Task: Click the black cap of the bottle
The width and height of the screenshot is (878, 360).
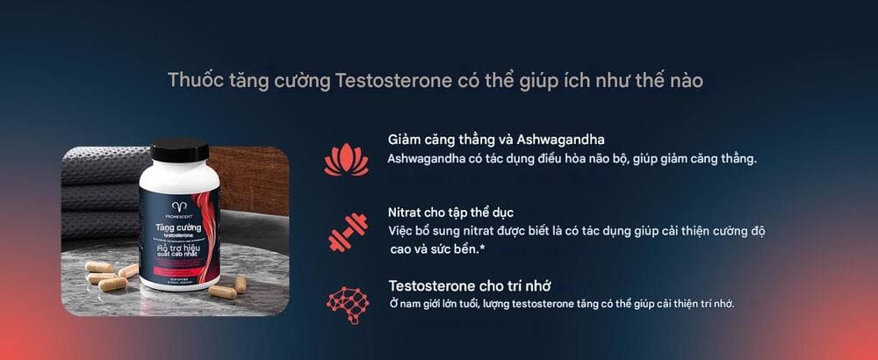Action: [179, 149]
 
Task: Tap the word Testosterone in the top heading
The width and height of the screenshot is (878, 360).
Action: [394, 81]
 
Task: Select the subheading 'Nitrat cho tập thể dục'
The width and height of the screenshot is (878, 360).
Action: [450, 212]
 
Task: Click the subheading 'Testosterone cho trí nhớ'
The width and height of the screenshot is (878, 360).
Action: [470, 285]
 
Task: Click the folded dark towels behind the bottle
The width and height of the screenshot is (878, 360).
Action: [97, 189]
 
